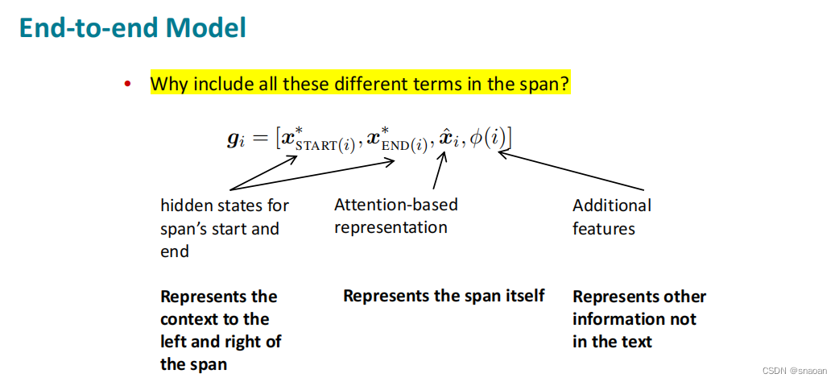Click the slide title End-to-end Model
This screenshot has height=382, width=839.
(133, 29)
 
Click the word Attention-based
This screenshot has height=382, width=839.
(395, 205)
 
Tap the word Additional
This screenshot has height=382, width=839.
(612, 206)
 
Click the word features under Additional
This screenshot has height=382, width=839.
(603, 229)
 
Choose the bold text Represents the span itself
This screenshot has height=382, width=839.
(444, 296)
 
